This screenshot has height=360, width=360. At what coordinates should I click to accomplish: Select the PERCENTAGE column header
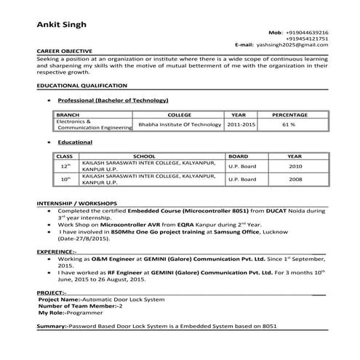coord(289,115)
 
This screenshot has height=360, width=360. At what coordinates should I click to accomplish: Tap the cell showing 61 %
coord(289,125)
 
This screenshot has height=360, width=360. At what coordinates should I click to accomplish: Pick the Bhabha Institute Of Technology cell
coord(180,125)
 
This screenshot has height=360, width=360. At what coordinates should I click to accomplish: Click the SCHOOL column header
coord(144,156)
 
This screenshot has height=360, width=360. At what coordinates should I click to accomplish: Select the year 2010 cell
coord(295,166)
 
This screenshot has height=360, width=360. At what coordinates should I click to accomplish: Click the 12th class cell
coord(65,167)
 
